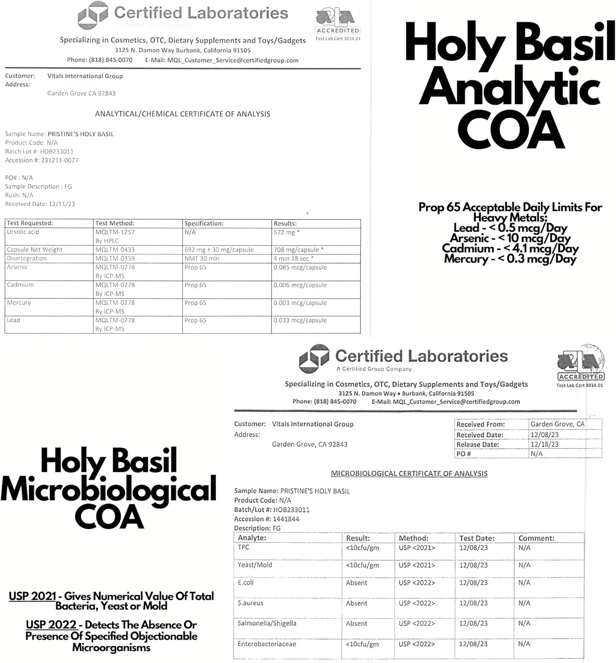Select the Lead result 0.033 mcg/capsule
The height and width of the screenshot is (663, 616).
point(300,320)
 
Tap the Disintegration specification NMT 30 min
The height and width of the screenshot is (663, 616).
point(202,259)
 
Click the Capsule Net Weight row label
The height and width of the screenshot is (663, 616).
point(34,250)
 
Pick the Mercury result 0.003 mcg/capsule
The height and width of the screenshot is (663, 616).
point(300,303)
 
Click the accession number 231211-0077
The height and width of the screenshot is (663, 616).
point(60,160)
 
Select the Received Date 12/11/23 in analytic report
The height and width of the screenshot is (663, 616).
point(58,204)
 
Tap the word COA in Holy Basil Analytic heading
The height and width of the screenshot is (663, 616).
point(511,130)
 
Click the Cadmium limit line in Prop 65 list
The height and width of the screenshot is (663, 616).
point(510,248)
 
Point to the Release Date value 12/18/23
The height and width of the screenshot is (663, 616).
point(544,445)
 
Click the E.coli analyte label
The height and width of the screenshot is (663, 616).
point(246,583)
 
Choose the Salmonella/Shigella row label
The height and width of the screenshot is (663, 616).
point(267,623)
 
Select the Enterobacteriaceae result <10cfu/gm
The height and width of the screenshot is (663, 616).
point(363,644)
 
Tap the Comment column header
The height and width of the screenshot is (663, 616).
point(536,538)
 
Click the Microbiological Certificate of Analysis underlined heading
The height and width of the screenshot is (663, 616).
point(409,474)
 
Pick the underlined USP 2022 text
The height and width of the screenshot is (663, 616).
point(51,625)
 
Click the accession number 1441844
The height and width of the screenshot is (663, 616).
point(286,519)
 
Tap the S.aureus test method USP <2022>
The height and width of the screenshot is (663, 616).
point(417,603)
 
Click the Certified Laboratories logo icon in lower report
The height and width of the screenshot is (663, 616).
point(314,358)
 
